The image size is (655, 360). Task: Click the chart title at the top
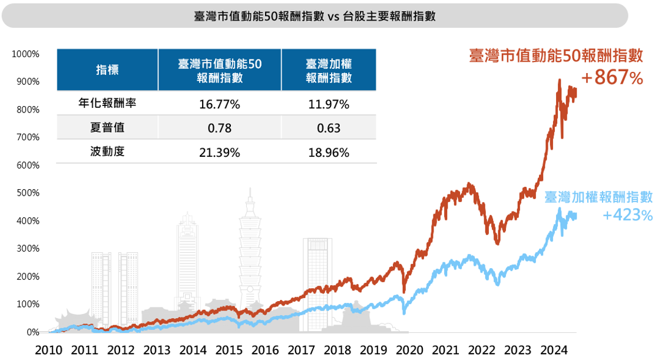(x=314, y=16)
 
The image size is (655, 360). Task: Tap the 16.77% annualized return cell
(x=220, y=105)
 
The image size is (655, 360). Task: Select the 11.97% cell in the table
(x=329, y=105)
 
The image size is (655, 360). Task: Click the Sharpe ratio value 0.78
(x=220, y=128)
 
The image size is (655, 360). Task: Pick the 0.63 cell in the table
(x=329, y=128)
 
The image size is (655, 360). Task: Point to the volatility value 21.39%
(x=220, y=153)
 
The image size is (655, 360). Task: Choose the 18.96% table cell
(x=329, y=153)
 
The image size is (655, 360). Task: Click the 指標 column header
(x=107, y=70)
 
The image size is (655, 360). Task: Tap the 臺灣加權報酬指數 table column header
(x=329, y=70)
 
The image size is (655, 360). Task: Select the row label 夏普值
(x=107, y=128)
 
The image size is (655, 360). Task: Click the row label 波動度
(x=107, y=152)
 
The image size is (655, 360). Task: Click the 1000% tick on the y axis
(x=25, y=54)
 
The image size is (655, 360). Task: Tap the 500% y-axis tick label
(x=28, y=193)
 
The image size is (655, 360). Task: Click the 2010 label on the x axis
(x=49, y=349)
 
